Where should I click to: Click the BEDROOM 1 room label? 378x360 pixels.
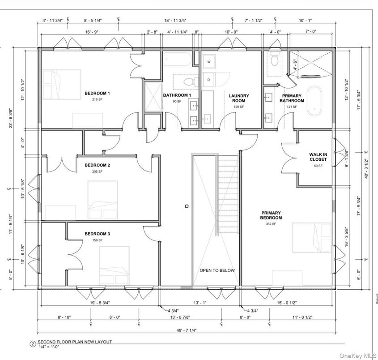click(x=97, y=94)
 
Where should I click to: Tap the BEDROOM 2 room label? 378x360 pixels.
click(x=97, y=165)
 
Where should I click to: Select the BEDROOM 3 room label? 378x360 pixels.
click(x=97, y=234)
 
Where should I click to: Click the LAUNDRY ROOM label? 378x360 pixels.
click(x=238, y=98)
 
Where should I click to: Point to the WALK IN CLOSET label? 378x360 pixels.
click(x=318, y=157)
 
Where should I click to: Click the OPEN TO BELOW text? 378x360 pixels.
click(x=217, y=270)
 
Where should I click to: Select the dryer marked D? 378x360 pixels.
click(x=208, y=80)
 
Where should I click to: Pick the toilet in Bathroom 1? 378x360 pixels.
click(x=189, y=82)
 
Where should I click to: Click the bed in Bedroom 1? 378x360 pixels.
click(x=61, y=85)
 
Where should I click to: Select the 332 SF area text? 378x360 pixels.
click(x=271, y=223)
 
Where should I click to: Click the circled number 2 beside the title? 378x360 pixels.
click(x=32, y=344)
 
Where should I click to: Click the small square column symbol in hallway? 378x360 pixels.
click(x=187, y=206)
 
